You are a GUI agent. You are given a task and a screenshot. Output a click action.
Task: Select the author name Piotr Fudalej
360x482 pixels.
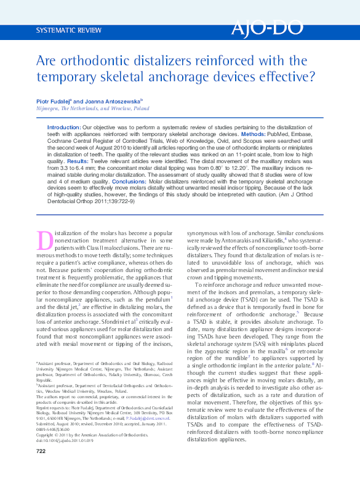pos(52,100)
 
